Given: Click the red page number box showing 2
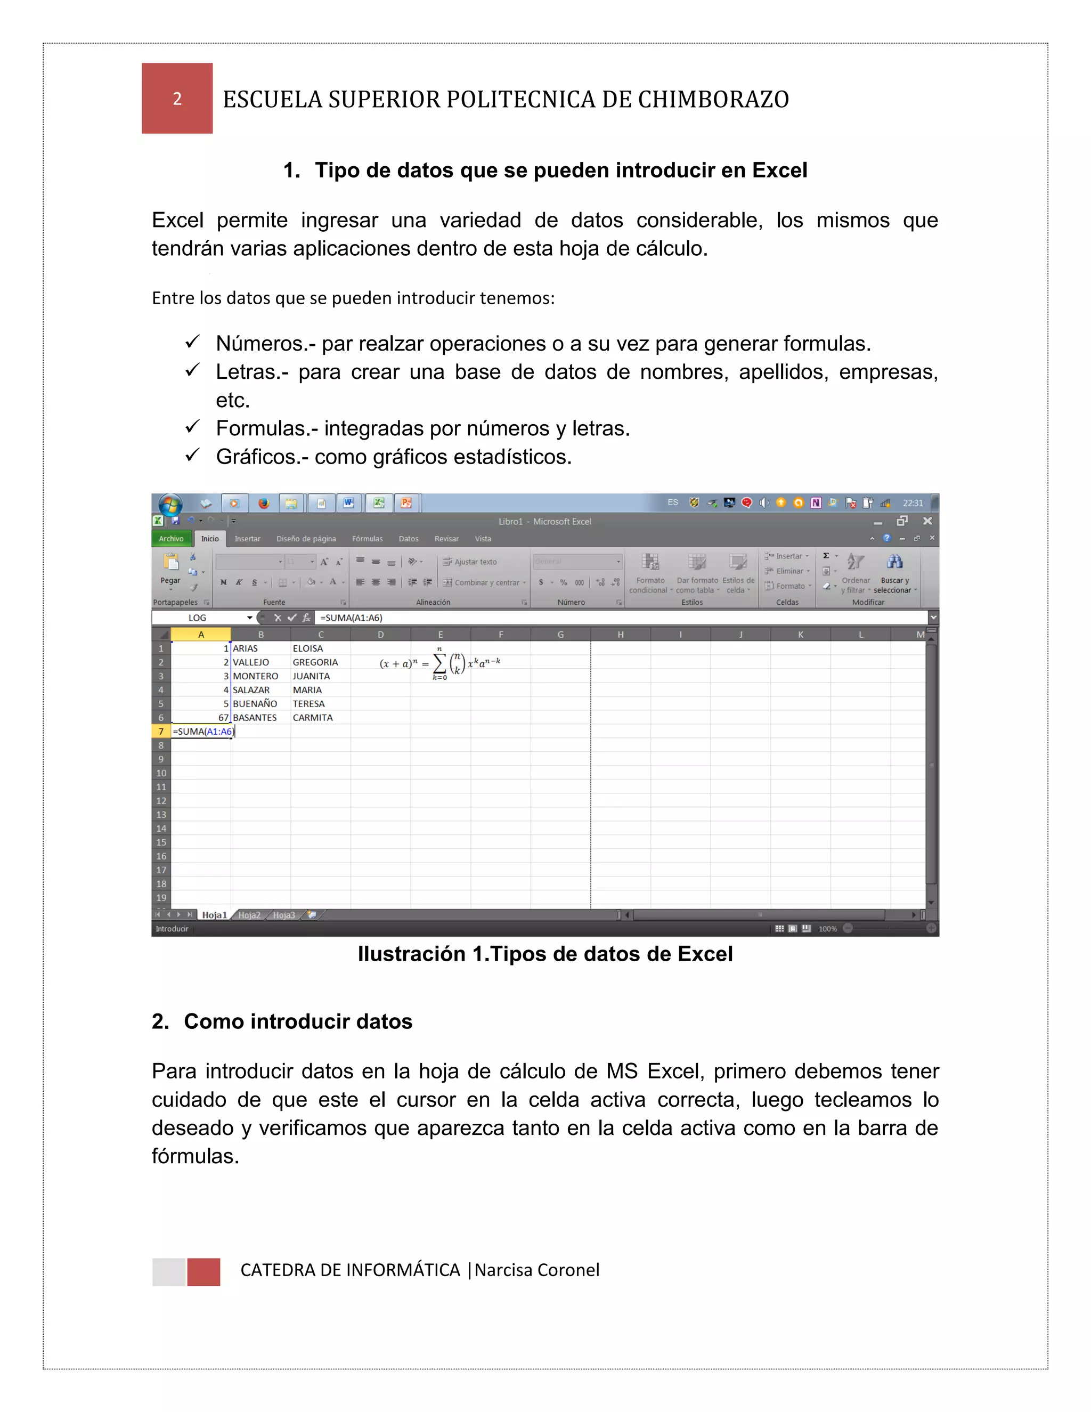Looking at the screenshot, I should (177, 98).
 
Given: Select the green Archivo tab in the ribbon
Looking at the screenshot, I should (172, 539).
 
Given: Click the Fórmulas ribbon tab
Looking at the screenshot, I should (367, 539).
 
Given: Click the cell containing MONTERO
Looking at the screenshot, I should (255, 676).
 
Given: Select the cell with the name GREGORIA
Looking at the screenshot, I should (315, 662).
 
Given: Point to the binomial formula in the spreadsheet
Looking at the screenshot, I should (440, 663).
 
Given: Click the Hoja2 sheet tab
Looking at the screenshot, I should (249, 915).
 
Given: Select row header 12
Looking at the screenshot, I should (161, 801).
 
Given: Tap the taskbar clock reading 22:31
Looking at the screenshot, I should (913, 503).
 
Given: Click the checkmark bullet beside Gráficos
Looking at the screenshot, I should (192, 456).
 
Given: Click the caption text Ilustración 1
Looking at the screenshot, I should (544, 954).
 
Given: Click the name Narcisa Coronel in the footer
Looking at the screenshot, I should (536, 1270).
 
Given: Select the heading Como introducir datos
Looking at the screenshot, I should (297, 1021).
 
